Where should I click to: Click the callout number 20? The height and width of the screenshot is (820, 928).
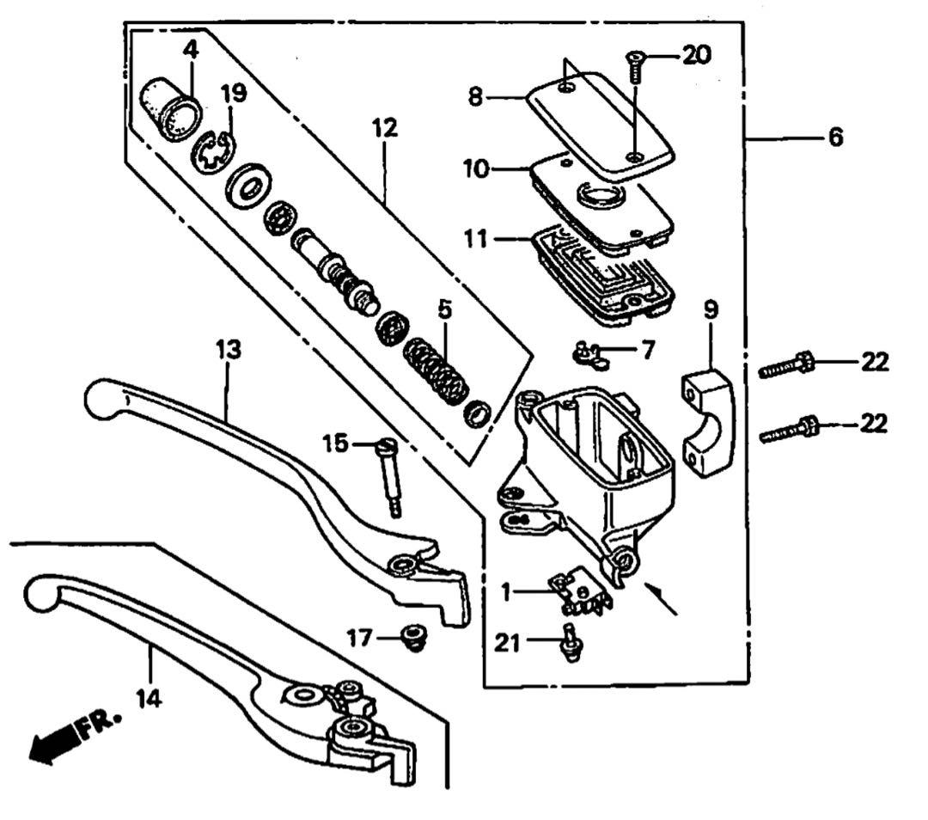point(696,56)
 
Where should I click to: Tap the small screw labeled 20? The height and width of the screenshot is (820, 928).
point(634,66)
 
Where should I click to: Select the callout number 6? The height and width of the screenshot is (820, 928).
point(835,137)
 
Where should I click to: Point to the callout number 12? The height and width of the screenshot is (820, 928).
point(385,130)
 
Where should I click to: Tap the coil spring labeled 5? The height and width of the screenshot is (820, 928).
point(437,365)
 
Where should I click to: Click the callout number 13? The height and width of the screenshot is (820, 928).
point(228,351)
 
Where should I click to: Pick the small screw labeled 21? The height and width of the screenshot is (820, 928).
point(569,642)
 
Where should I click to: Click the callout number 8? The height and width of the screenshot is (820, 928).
point(476,96)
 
